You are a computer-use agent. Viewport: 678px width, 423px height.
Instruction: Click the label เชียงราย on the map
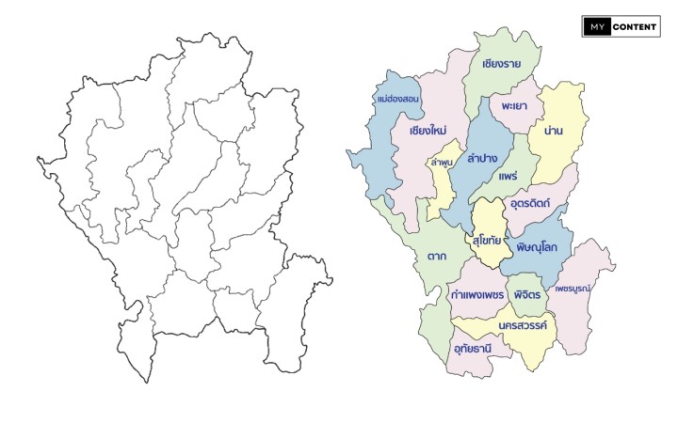(501, 65)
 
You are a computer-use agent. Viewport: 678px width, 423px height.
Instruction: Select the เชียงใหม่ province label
(428, 130)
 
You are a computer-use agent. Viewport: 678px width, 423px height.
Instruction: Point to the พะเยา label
(514, 106)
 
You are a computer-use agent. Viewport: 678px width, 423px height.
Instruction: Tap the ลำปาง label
(482, 158)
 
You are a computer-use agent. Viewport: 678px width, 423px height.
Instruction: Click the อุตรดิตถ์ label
(532, 202)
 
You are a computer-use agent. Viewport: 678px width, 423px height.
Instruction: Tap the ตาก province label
(435, 255)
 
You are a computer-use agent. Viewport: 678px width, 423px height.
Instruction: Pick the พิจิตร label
(526, 294)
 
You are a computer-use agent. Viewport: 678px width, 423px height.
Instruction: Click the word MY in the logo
(595, 27)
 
